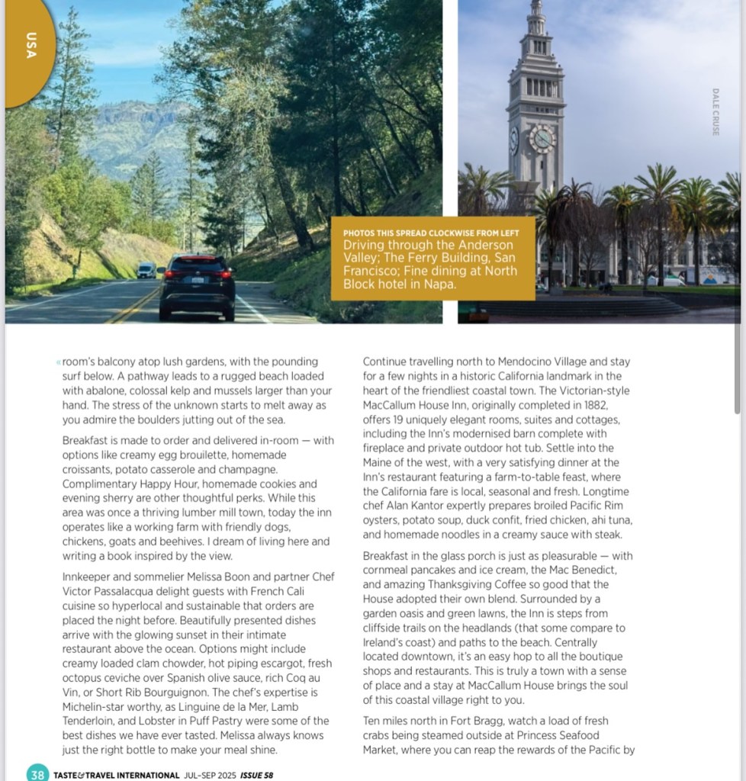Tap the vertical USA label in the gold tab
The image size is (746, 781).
(31, 45)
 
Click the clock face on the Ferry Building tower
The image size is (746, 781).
(542, 139)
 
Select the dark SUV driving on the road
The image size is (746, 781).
(197, 287)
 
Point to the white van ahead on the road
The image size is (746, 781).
(146, 270)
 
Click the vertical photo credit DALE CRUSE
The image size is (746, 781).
(715, 111)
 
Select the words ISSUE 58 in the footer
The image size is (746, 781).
(256, 776)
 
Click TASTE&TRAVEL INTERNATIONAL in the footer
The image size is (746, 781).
(116, 776)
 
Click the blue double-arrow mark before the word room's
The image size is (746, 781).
(58, 362)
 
